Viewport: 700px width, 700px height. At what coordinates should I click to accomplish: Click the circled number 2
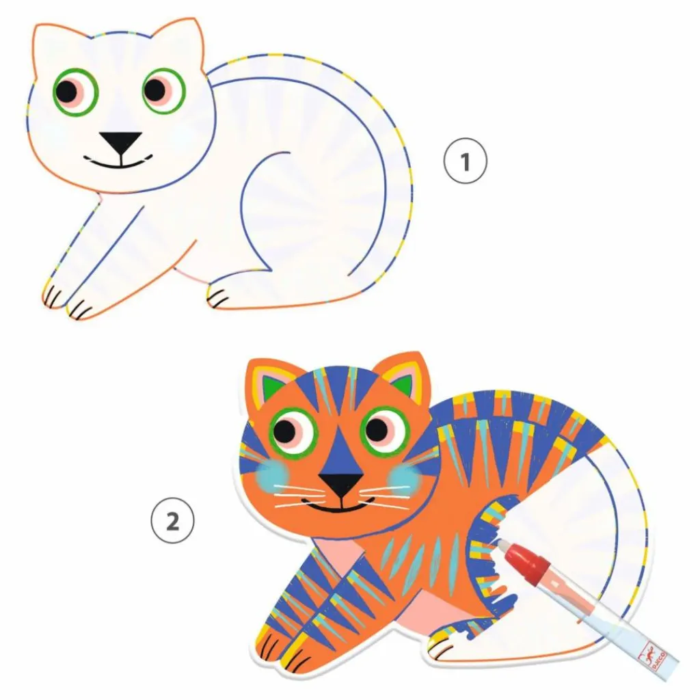point(172,523)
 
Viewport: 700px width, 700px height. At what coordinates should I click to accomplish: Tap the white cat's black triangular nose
point(121,142)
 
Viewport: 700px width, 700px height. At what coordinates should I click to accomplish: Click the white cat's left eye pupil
point(67,90)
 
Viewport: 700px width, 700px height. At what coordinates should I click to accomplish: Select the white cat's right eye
point(163,90)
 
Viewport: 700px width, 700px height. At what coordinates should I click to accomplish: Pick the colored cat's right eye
point(383,430)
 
